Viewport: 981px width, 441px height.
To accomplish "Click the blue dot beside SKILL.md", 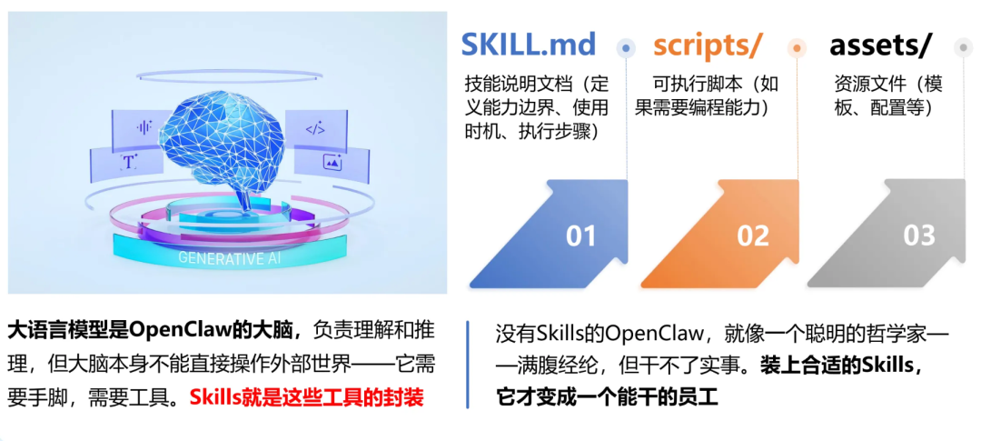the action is (x=626, y=47).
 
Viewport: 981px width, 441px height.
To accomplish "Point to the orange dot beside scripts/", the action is (x=797, y=47).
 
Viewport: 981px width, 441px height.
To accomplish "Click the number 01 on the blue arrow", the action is (x=580, y=236).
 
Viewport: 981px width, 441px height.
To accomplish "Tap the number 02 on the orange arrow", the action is (x=753, y=236).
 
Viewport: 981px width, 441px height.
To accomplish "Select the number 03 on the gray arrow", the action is (x=918, y=236).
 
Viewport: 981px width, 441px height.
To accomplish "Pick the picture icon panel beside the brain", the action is (x=332, y=162).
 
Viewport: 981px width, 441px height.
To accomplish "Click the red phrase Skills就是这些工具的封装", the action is (x=307, y=397).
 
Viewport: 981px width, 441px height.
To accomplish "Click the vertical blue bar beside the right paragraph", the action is (x=468, y=364).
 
